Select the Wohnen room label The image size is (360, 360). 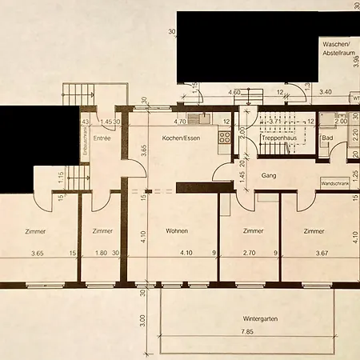pyautogui.click(x=177, y=231)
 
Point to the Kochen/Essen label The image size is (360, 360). pyautogui.click(x=180, y=138)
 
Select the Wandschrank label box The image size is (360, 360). pyautogui.click(x=334, y=182)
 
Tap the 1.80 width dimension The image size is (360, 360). pyautogui.click(x=101, y=254)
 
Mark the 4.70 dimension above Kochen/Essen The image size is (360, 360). pyautogui.click(x=180, y=122)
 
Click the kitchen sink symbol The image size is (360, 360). pyautogui.click(x=205, y=120)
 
